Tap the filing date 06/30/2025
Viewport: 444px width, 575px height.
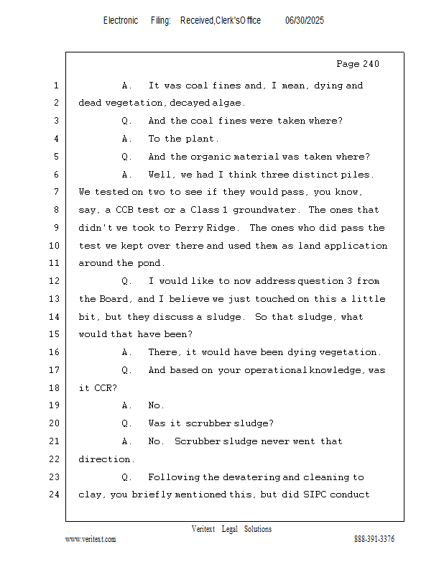(304, 21)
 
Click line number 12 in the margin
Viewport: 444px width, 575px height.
(55, 281)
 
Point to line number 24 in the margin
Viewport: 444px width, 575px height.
(55, 494)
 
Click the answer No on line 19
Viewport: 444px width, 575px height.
(155, 405)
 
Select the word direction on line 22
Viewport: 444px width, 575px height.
(106, 459)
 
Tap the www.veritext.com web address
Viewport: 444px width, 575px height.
(91, 540)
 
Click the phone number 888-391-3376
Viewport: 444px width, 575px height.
(374, 540)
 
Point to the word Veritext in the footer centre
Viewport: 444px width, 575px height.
(203, 529)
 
